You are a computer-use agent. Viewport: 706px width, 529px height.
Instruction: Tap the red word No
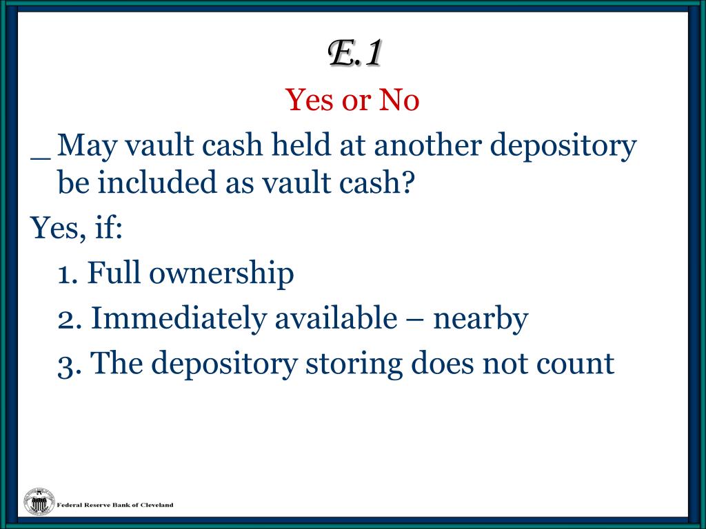pyautogui.click(x=399, y=101)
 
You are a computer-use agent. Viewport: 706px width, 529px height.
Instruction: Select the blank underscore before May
pyautogui.click(x=41, y=154)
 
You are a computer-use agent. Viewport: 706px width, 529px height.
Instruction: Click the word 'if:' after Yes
pyautogui.click(x=108, y=228)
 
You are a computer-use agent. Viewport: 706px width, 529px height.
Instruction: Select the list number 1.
pyautogui.click(x=66, y=273)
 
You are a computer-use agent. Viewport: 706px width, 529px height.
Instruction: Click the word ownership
pyautogui.click(x=221, y=275)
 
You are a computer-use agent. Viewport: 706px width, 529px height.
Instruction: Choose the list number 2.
pyautogui.click(x=69, y=319)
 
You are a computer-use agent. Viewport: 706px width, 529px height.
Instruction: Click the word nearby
pyautogui.click(x=481, y=319)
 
